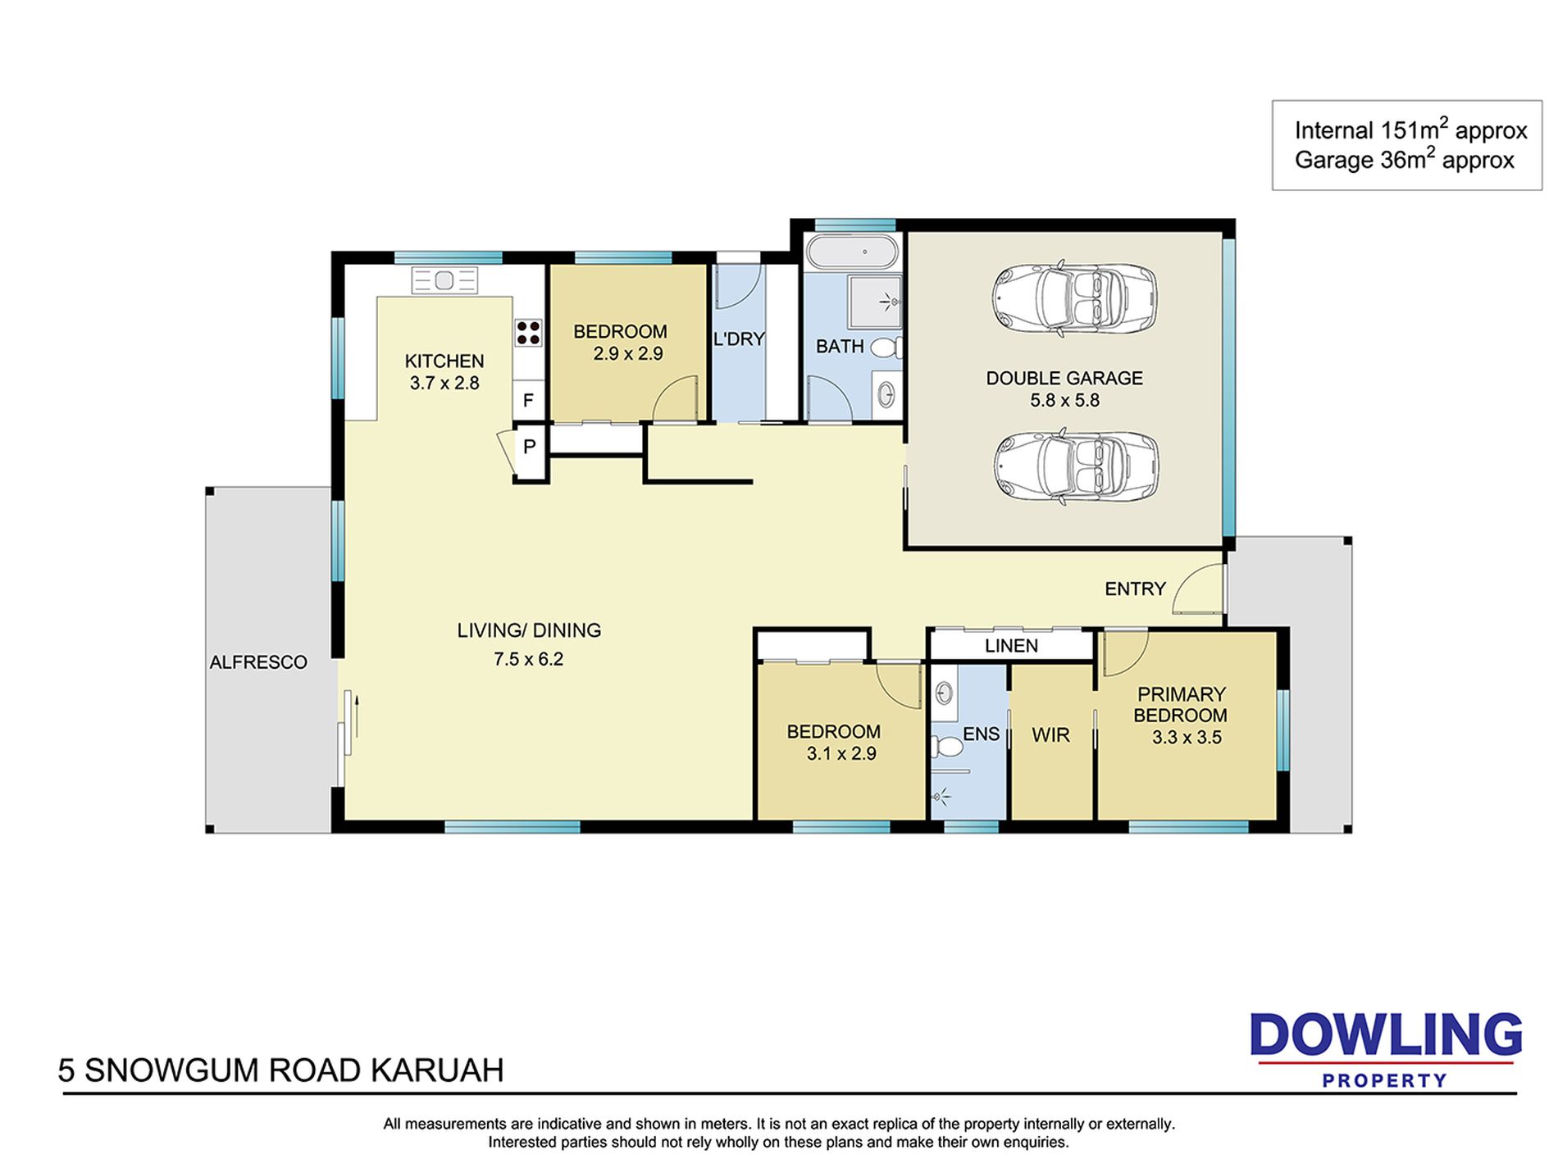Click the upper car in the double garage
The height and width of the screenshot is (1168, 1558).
pyautogui.click(x=1075, y=299)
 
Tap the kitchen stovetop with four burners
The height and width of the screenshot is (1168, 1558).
pyautogui.click(x=529, y=332)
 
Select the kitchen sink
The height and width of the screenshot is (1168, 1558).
pyautogui.click(x=444, y=280)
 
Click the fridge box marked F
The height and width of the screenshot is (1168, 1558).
pyautogui.click(x=529, y=401)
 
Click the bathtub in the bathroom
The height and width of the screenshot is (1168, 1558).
pyautogui.click(x=850, y=252)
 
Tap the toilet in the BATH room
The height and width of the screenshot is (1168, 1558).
pyautogui.click(x=886, y=348)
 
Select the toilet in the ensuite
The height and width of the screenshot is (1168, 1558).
pyautogui.click(x=947, y=747)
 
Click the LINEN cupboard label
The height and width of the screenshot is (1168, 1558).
pyautogui.click(x=1011, y=646)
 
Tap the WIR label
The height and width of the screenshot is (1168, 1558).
pyautogui.click(x=1050, y=735)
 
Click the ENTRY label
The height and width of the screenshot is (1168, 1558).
pyautogui.click(x=1135, y=589)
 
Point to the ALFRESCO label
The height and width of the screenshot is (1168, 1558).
pyautogui.click(x=258, y=662)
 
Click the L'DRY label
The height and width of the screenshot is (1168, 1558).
pyautogui.click(x=739, y=339)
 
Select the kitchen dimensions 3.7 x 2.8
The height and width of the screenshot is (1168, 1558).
pyautogui.click(x=444, y=383)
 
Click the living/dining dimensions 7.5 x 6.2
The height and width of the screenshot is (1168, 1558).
pyautogui.click(x=529, y=659)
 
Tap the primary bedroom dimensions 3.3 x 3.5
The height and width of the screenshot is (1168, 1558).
pyautogui.click(x=1187, y=738)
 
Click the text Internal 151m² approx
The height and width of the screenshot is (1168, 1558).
pyautogui.click(x=1410, y=130)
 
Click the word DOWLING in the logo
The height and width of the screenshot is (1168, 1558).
pyautogui.click(x=1386, y=1036)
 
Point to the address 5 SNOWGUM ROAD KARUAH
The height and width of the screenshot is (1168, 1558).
pyautogui.click(x=281, y=1070)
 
